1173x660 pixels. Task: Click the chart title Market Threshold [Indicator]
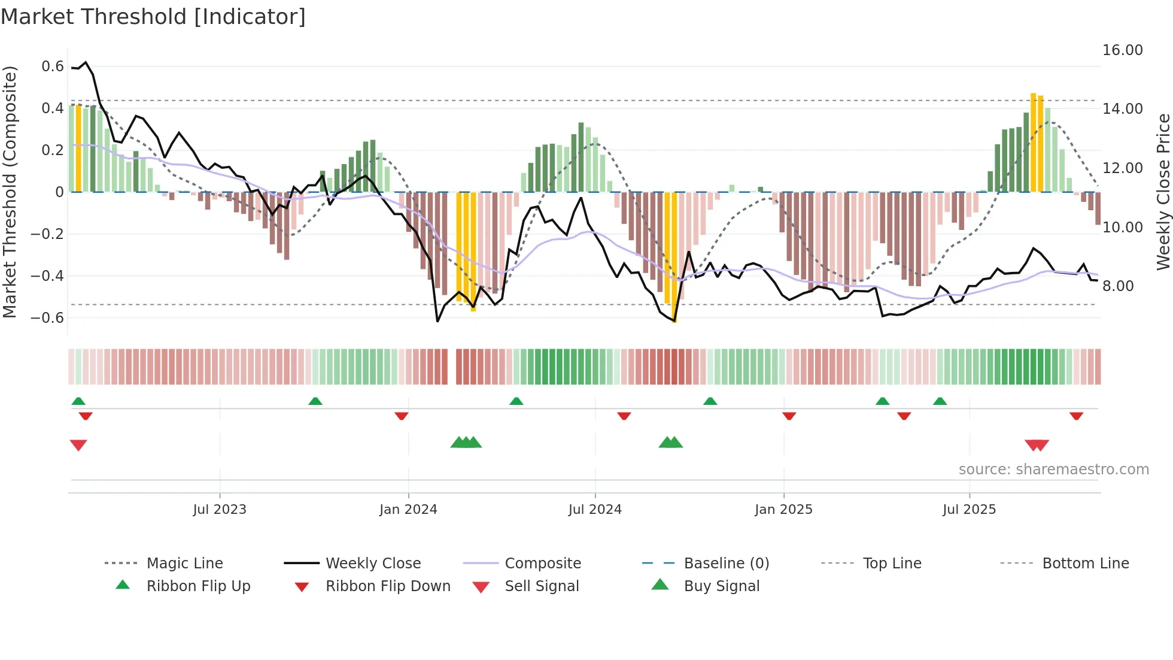[x=153, y=17]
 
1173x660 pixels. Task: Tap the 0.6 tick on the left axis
[x=53, y=66]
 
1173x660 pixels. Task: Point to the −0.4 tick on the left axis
[x=47, y=276]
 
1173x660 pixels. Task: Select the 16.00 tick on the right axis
[x=1122, y=50]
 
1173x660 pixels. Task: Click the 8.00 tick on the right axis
[x=1118, y=286]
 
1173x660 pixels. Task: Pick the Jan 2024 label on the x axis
[x=408, y=510]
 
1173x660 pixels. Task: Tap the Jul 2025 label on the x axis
[x=969, y=510]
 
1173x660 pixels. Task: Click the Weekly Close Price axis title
[x=1163, y=192]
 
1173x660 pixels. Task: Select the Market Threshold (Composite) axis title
[x=10, y=192]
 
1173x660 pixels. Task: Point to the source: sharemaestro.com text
[x=1053, y=470]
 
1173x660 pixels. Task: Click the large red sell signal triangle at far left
[x=78, y=445]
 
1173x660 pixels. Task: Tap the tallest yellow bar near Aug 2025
[x=1033, y=143]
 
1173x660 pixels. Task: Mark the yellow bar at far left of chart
[x=78, y=149]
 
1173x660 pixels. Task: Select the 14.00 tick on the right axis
[x=1122, y=109]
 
